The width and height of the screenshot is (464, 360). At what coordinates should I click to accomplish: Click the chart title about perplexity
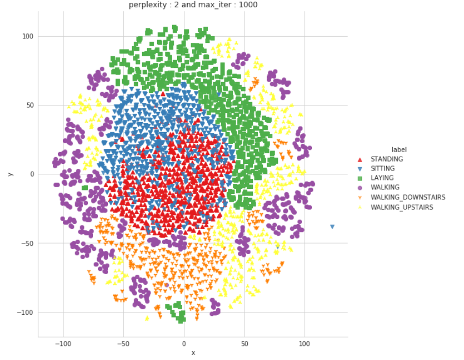193,5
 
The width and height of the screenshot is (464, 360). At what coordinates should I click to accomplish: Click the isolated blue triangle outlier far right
332,227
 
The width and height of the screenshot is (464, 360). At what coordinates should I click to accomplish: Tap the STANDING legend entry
386,159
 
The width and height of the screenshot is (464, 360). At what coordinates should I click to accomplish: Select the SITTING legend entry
382,168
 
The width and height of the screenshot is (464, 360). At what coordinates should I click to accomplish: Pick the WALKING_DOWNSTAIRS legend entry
408,197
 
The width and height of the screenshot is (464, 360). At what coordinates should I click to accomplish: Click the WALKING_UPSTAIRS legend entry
402,207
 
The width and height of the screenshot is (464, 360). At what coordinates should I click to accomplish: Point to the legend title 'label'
399,149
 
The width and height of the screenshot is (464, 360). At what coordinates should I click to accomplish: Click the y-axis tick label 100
27,37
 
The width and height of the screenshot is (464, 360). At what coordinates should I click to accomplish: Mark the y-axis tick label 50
29,105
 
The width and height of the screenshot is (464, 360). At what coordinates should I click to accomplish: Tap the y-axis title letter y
10,174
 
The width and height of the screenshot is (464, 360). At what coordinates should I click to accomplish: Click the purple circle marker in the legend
359,188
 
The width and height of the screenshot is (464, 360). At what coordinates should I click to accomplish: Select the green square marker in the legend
359,178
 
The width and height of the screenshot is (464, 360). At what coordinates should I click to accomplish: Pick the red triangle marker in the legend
359,159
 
